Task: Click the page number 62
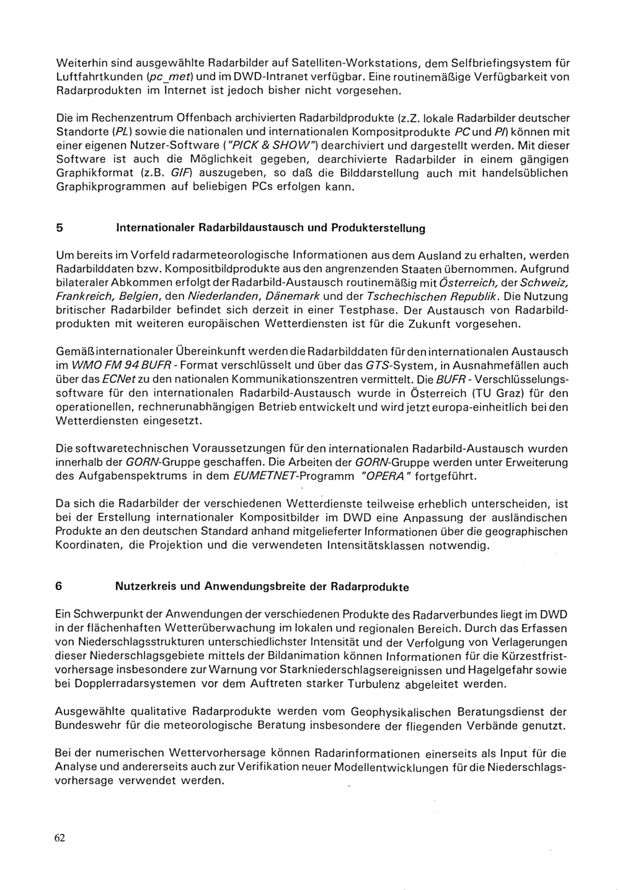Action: click(60, 837)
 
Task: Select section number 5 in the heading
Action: click(59, 227)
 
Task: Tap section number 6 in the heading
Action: click(59, 586)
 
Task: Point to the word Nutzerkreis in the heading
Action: click(146, 586)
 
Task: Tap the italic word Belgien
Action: click(144, 296)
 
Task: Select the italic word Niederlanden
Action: click(221, 296)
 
